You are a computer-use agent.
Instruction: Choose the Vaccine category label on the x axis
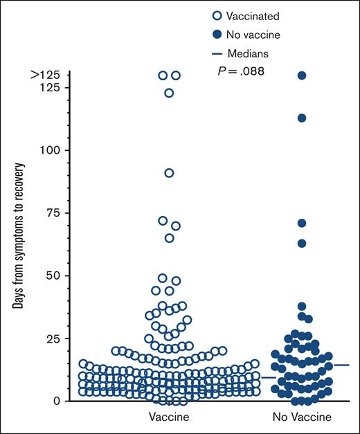pos(169,417)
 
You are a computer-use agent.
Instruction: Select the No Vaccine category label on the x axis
pos(302,417)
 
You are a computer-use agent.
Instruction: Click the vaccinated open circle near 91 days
pos(169,173)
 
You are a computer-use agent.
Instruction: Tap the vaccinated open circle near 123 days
pos(169,93)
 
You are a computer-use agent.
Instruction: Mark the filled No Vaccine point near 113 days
pos(302,118)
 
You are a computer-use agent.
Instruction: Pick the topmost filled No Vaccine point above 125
pos(302,75)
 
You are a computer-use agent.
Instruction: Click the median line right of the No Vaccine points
pos(342,365)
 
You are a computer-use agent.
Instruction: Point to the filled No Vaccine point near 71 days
pos(302,223)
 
